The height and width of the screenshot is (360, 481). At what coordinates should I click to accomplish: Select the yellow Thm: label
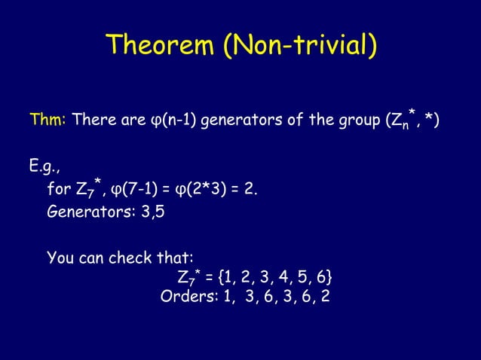[48, 121]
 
